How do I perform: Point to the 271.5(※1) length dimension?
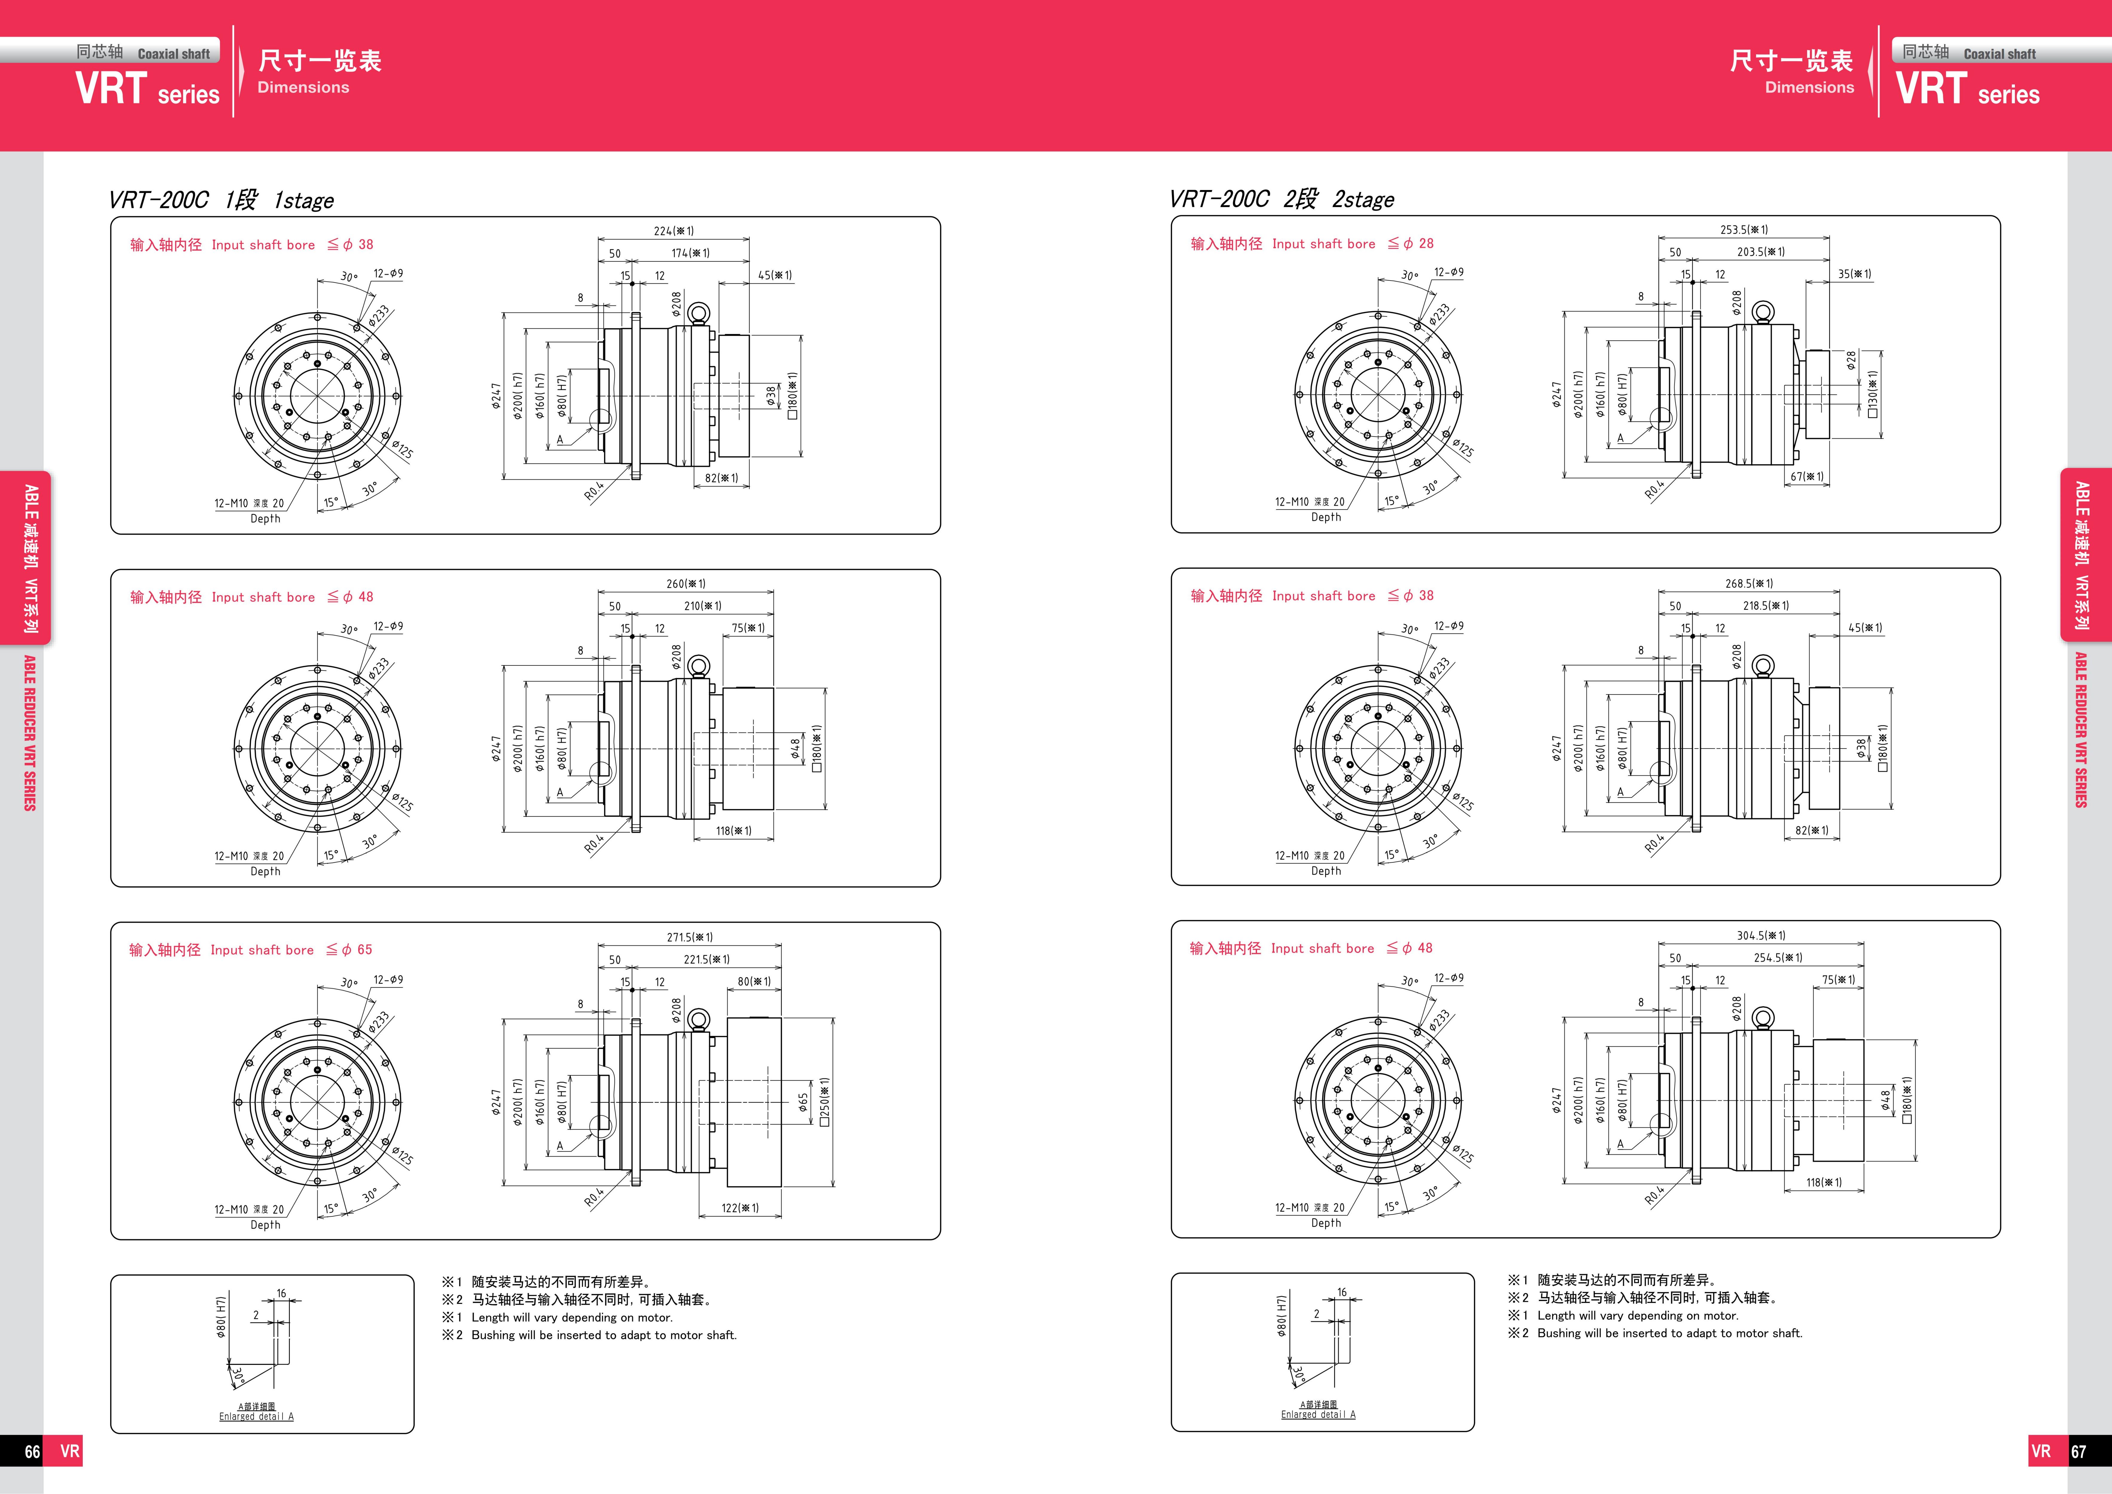point(690,937)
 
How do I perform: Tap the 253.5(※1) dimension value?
point(1744,230)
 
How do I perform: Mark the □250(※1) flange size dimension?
point(825,1101)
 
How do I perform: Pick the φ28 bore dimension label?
point(1852,361)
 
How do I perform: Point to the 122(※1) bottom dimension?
point(741,1208)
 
